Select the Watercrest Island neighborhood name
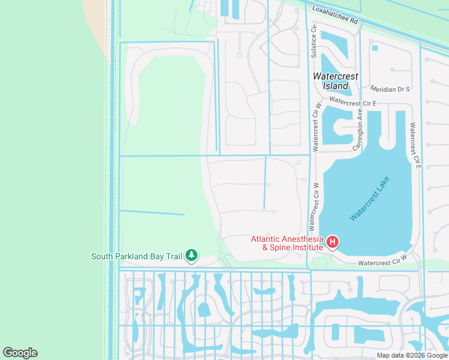(336, 81)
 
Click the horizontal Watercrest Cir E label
(352, 103)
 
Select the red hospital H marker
(332, 242)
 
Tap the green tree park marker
(191, 256)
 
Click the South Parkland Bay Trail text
(136, 256)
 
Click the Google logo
(20, 353)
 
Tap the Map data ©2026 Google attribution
(411, 355)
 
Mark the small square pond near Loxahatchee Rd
(375, 48)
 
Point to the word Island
(336, 86)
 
